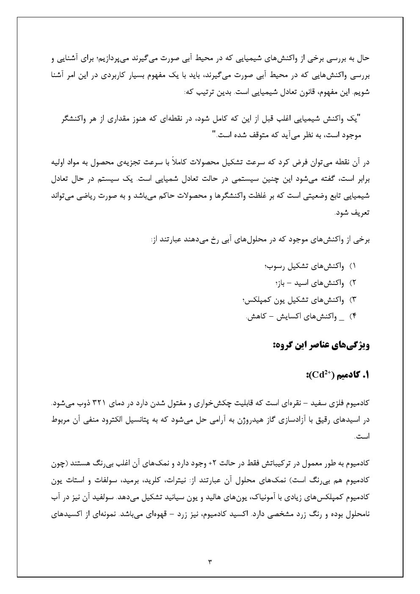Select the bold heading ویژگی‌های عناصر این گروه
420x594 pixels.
(x=321, y=345)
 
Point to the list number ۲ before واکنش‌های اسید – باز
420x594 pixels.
(x=354, y=283)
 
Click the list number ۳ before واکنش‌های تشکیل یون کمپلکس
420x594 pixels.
(x=354, y=299)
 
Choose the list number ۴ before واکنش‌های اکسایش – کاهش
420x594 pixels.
(x=354, y=316)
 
